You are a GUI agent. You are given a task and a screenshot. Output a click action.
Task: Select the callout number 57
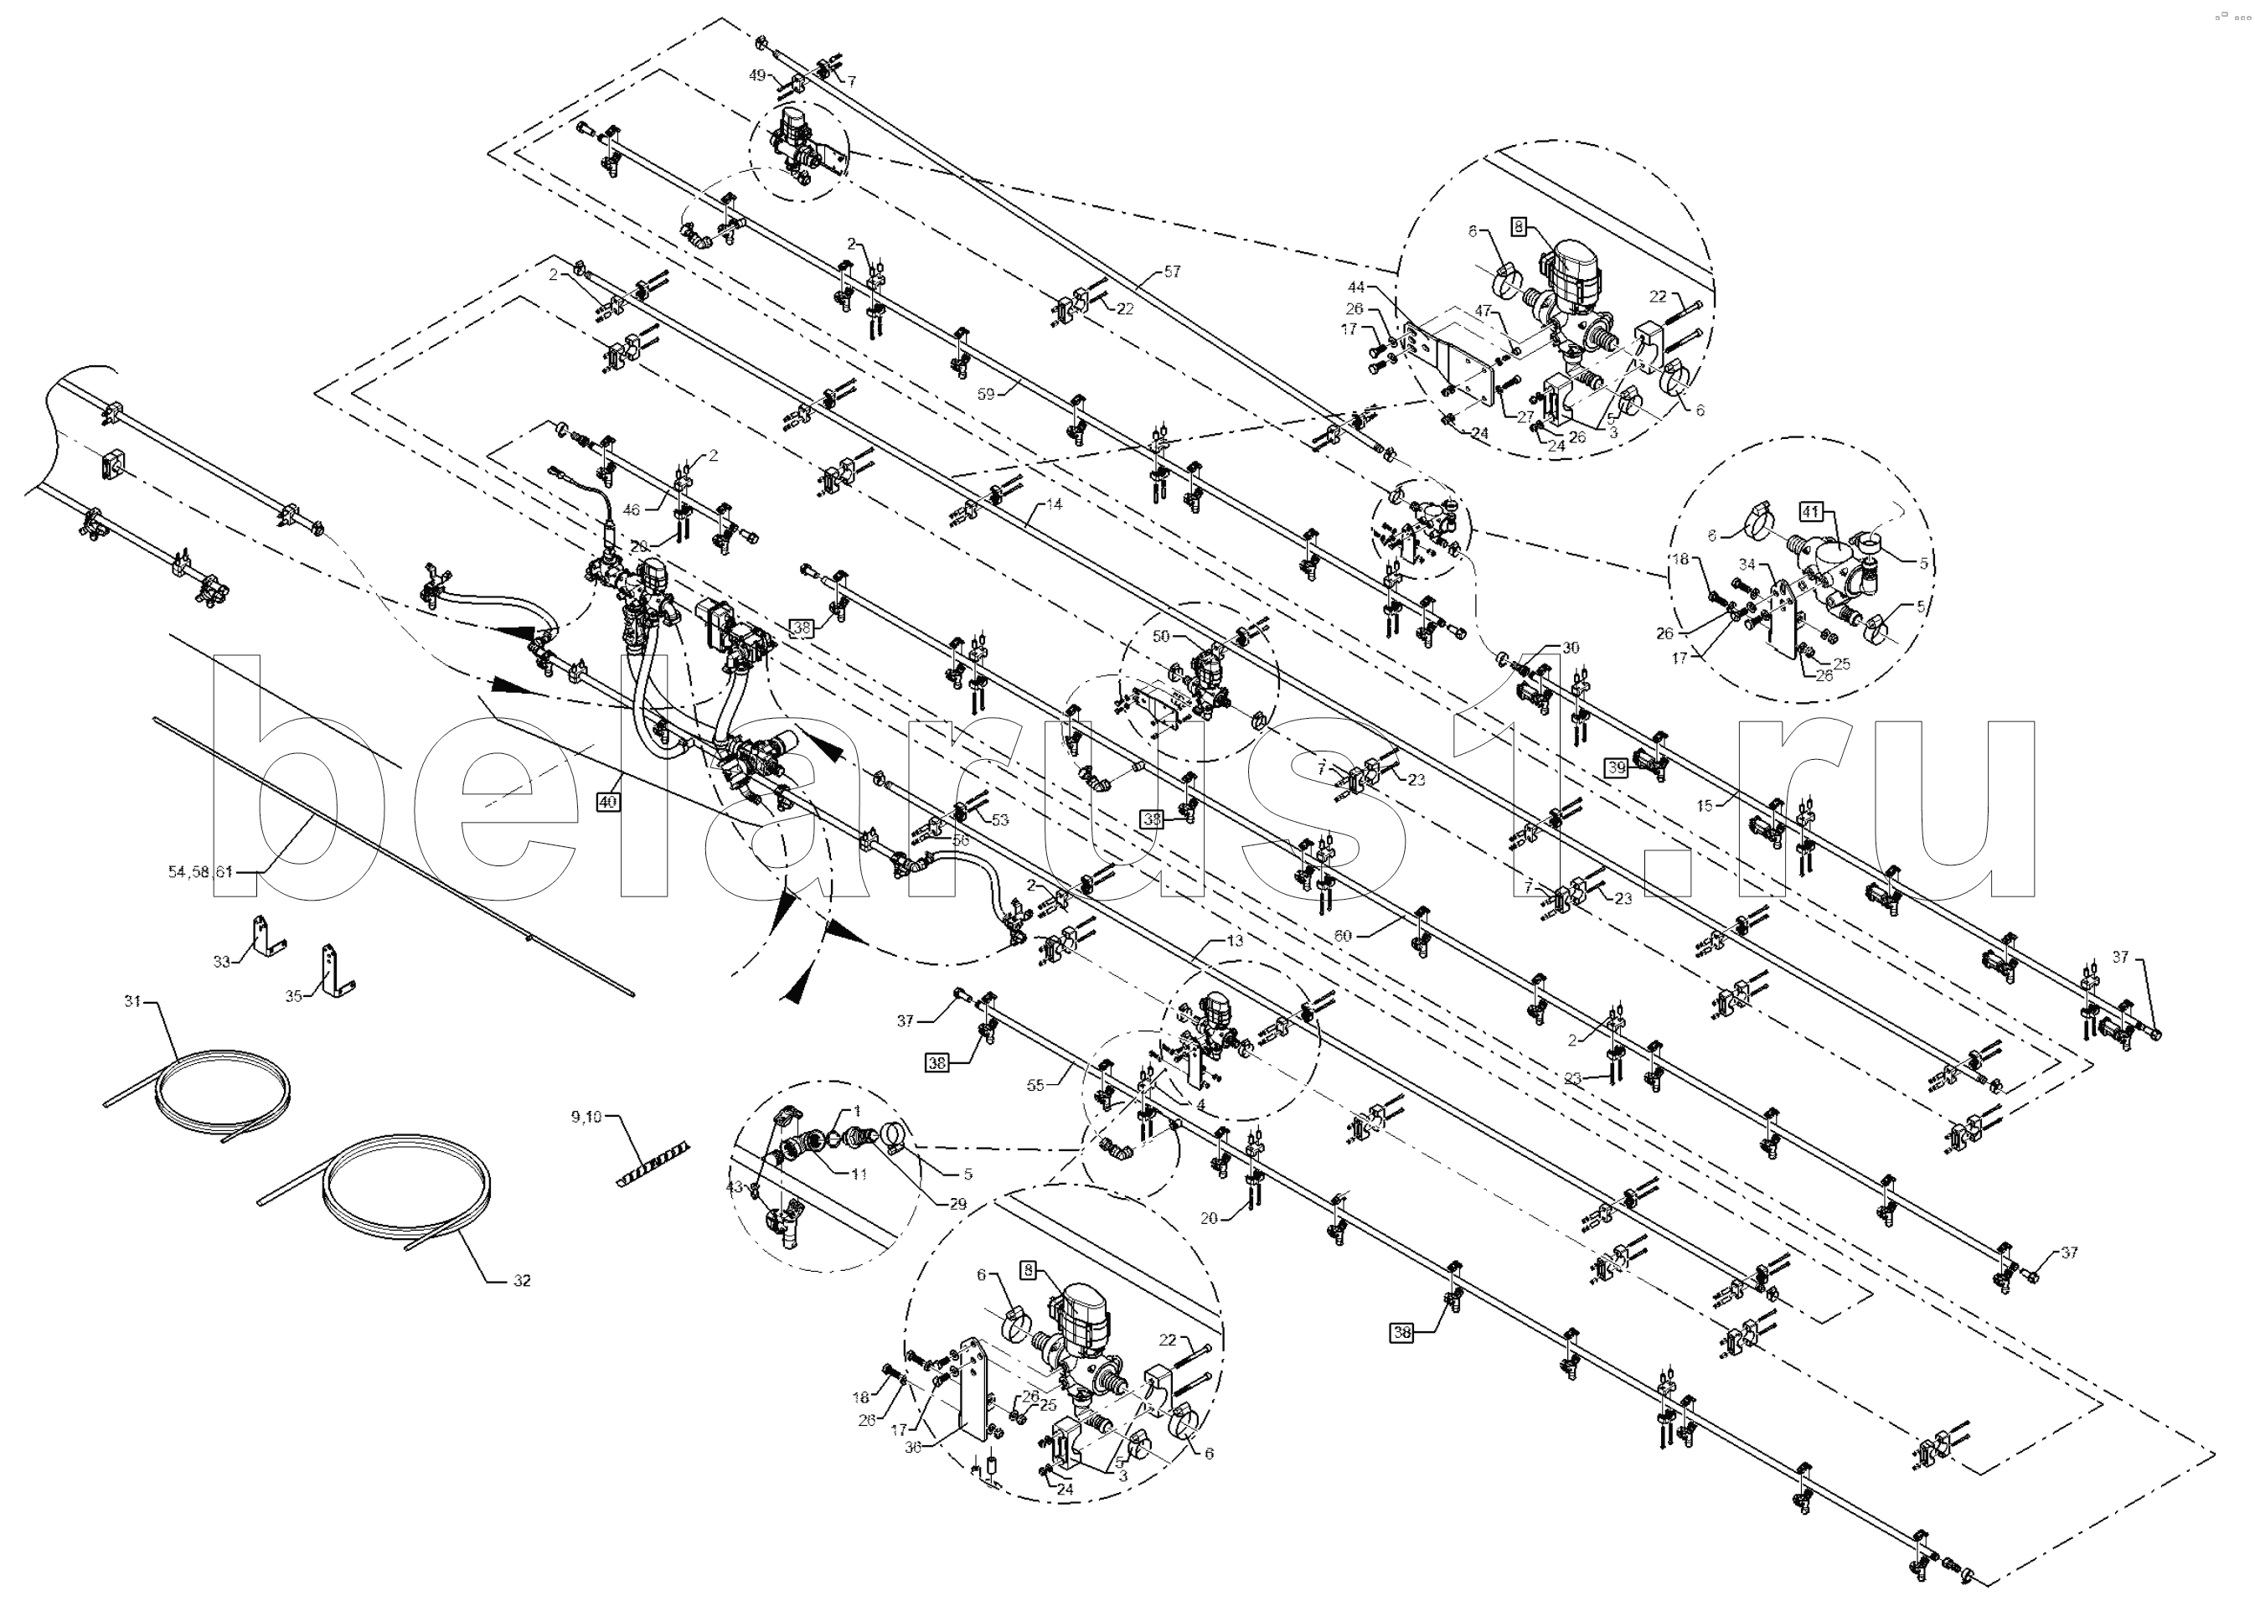1171,271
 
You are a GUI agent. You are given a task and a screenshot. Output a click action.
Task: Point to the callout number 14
1055,504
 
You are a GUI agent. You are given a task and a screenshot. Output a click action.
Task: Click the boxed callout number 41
1809,512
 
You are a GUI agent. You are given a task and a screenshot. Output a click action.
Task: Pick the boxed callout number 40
608,802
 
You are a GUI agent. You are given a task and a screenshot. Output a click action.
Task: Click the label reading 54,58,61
200,871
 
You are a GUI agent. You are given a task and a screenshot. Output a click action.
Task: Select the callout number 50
1160,637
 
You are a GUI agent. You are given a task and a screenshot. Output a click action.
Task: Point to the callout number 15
1705,805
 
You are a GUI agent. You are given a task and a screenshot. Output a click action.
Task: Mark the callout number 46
632,509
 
